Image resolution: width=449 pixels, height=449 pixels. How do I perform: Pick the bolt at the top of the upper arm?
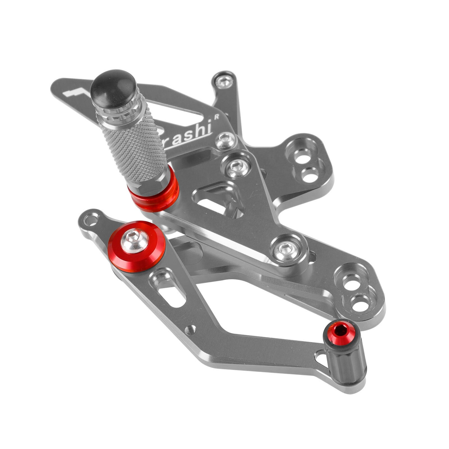223,82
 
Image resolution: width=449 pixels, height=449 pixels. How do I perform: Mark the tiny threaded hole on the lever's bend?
192,328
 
